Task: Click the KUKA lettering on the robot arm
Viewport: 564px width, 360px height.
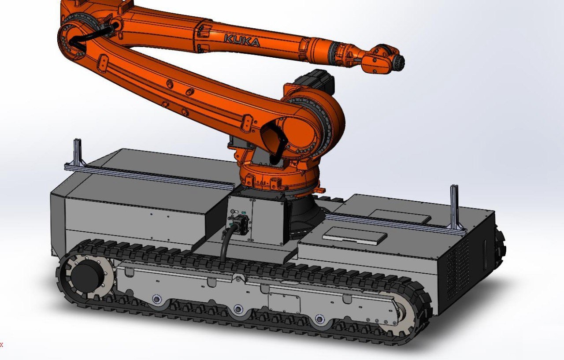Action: pos(242,41)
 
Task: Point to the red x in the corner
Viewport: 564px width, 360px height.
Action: pos(1,345)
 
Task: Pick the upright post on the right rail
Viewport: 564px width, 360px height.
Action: pos(454,207)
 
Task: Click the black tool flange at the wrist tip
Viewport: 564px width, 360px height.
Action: pos(399,61)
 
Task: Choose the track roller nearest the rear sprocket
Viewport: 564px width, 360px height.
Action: pos(156,299)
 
